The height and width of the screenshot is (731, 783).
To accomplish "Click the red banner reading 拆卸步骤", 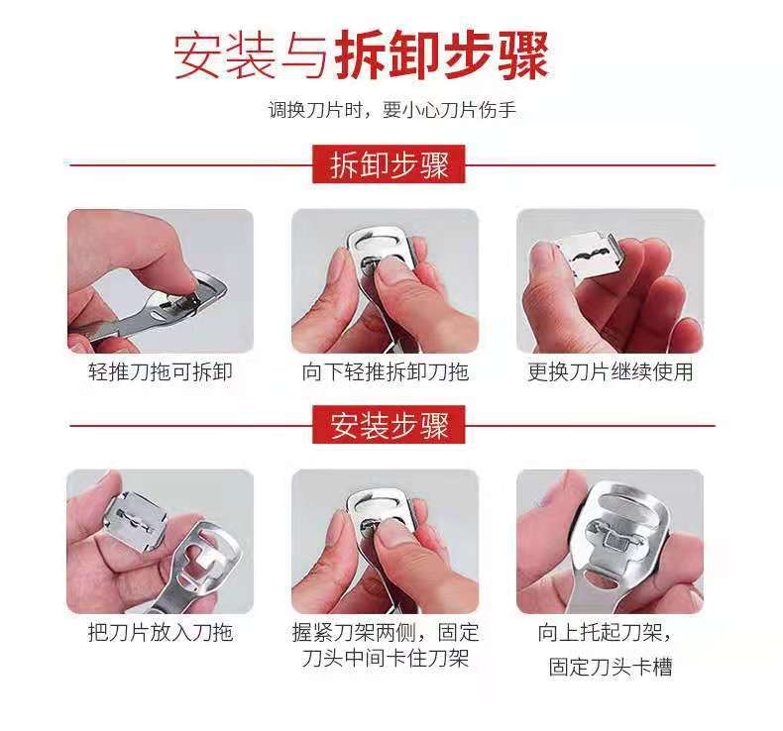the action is pos(389,164).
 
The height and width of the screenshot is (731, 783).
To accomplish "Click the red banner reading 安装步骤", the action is pos(389,425).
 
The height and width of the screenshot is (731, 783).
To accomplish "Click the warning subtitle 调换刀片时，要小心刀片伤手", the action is pos(391,109).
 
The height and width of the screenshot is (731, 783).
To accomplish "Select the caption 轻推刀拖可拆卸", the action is pos(161,371).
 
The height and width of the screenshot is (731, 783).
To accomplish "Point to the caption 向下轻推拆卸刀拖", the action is pos(385,371).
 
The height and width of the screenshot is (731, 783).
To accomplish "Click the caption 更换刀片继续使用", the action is pos(611,371).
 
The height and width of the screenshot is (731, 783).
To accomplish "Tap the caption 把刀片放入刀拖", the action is pos(161,632).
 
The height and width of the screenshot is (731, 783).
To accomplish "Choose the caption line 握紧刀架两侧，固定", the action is pos(385,632).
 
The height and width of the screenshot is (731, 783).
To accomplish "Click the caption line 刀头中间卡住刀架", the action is pos(385,658).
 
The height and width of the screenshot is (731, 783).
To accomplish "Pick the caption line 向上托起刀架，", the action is pos(605,632).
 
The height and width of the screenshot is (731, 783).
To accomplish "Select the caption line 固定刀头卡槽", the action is pos(611,667).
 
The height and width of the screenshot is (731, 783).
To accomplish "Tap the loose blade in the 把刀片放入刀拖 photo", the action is pos(134,520).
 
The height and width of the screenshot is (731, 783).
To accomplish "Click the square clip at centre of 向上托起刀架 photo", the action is pos(616,539).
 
